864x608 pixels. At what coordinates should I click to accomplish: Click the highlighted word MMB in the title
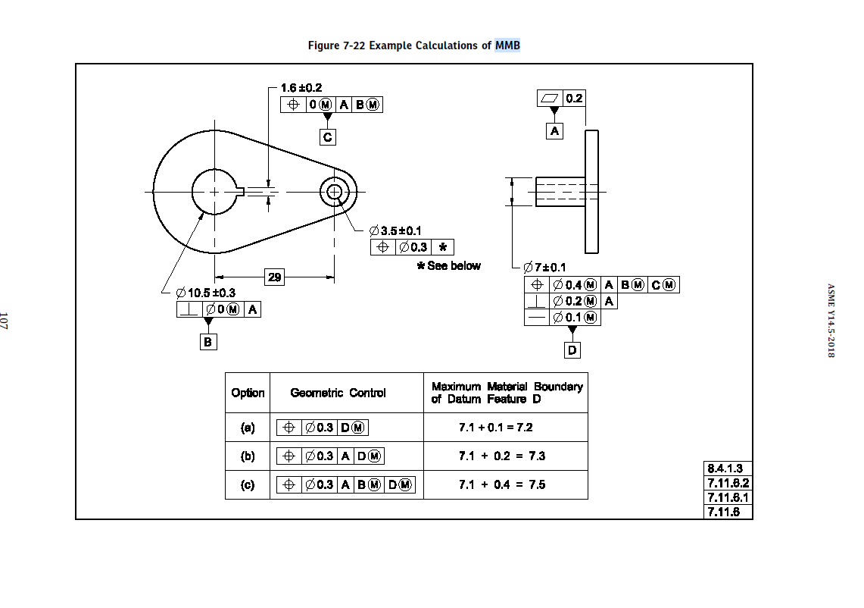pos(507,45)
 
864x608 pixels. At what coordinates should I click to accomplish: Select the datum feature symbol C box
pos(327,137)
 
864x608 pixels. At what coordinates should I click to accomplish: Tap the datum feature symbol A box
pos(555,131)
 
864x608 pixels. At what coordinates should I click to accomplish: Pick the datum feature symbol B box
pos(208,342)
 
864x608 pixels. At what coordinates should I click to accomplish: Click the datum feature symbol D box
pos(572,350)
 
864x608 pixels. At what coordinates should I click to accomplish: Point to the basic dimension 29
pos(274,277)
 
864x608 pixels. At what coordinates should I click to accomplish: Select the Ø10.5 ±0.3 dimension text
pos(205,293)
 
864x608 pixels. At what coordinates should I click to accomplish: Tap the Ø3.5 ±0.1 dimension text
pos(395,230)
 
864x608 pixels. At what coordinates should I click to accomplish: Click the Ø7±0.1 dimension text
pos(544,267)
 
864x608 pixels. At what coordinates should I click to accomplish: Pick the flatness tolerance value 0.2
pos(574,99)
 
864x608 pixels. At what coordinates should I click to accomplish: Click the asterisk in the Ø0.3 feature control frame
pos(442,247)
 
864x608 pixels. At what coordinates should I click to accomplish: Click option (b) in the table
pos(248,456)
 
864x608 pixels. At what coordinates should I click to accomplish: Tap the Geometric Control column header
pos(338,393)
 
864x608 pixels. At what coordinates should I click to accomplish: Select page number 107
pos(5,320)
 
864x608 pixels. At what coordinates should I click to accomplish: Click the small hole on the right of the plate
pos(334,192)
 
